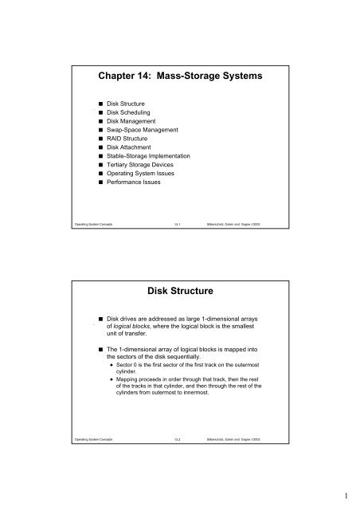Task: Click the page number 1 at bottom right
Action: [x=346, y=495]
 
